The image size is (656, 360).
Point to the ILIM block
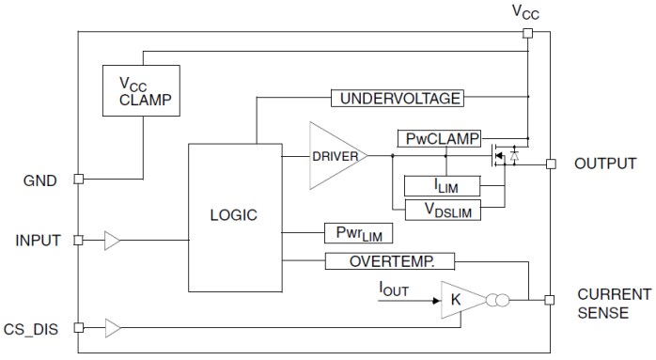[x=442, y=185]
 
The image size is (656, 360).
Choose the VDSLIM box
[x=442, y=209]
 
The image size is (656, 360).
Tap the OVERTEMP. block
[x=389, y=261]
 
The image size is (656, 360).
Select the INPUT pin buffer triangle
[x=113, y=242]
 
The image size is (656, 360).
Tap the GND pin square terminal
[x=79, y=179]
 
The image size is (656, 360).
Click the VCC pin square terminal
[x=528, y=33]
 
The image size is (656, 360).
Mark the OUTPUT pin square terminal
[x=550, y=164]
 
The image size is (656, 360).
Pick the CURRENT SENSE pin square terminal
[x=550, y=301]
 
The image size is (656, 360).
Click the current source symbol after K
[x=499, y=302]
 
